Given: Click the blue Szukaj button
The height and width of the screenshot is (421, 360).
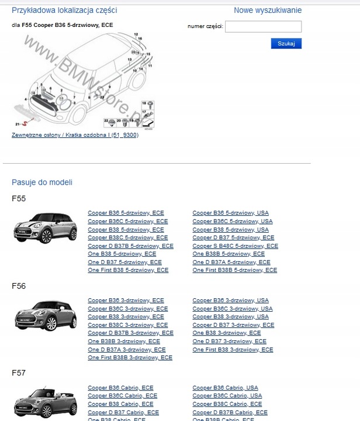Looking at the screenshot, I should point(286,43).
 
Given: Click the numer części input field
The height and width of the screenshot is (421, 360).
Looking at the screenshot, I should point(263,26).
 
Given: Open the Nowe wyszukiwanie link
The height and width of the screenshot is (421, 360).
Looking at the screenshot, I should point(268,11).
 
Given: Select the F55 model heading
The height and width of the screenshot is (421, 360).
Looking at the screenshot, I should point(19,199).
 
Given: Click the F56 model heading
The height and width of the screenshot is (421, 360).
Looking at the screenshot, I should point(19,286).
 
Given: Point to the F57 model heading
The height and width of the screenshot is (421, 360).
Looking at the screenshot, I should point(19,372).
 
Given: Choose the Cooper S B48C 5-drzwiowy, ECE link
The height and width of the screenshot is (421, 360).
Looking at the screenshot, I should point(235,246).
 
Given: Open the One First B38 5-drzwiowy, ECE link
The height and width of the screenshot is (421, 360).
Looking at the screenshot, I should point(128,271).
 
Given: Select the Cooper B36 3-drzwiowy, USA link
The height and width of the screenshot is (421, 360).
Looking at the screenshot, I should point(231,301).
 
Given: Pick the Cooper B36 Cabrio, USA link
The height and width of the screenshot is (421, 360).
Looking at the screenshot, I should point(225,388).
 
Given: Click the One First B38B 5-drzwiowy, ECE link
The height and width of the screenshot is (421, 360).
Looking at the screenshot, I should point(235,271).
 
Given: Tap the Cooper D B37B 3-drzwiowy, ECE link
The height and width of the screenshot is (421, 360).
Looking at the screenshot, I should point(130,333).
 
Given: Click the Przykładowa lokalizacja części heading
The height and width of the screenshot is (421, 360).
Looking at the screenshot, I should point(64,11).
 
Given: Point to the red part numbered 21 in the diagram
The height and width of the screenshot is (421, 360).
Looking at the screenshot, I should point(25,124).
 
